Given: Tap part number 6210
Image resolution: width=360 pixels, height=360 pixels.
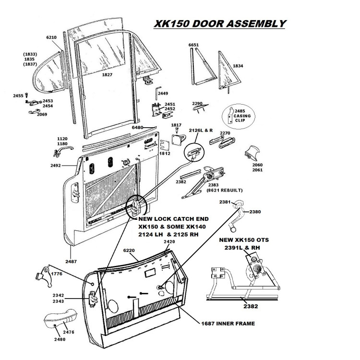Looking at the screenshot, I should point(51,37).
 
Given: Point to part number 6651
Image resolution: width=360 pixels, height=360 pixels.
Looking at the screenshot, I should point(193,46).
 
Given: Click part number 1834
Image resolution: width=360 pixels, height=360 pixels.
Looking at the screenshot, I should point(238,65).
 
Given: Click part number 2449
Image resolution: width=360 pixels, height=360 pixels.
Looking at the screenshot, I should point(163,93).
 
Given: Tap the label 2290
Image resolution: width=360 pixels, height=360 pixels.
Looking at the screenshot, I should point(197,103).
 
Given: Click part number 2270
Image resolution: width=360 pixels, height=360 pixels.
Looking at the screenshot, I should point(226,133).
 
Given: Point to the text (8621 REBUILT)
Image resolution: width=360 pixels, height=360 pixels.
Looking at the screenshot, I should point(223,191).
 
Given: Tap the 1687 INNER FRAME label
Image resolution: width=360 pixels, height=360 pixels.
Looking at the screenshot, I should point(228,324).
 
